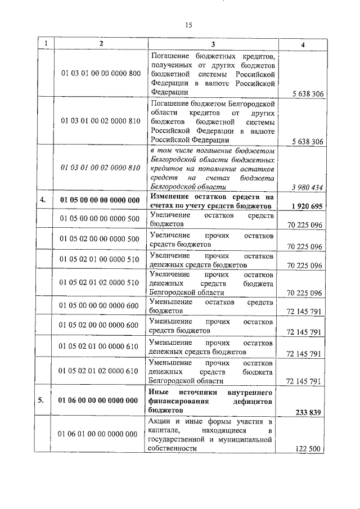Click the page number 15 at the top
[188, 24]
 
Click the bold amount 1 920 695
[307, 206]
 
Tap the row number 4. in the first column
[42, 200]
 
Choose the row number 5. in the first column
[42, 400]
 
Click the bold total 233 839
[308, 412]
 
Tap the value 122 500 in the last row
[308, 449]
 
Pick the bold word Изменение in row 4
[170, 196]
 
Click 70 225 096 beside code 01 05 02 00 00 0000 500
[304, 246]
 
